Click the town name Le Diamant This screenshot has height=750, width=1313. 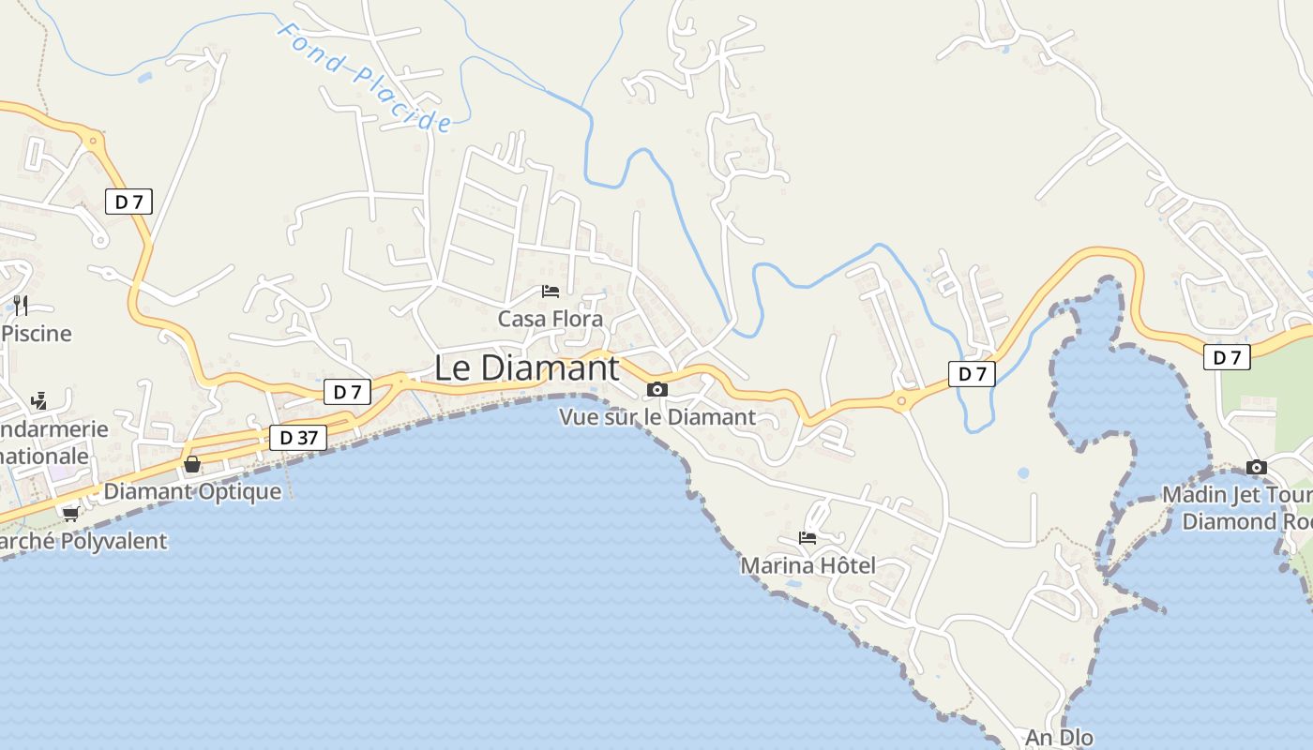coord(526,368)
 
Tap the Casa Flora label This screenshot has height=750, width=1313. coord(551,319)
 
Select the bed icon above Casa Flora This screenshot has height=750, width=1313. coord(551,292)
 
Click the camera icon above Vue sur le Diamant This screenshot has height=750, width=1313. coord(657,389)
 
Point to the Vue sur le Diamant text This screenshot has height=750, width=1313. coord(657,417)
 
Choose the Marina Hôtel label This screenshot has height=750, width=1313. coord(807,565)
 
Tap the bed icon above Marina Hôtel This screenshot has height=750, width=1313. coord(807,538)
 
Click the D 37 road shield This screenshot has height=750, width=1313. coord(298,438)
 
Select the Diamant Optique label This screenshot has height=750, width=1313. coord(192,491)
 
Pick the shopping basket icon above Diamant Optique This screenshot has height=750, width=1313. coord(192,464)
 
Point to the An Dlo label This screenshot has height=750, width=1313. coord(1060,738)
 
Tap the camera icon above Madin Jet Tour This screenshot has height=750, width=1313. coord(1257,467)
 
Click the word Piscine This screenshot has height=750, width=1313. coord(37,334)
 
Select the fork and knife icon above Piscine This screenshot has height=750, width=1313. coord(21,305)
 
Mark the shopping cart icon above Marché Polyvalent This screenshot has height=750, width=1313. coord(70,514)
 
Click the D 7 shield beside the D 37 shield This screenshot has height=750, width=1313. coord(347,392)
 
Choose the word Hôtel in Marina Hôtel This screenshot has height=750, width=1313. coord(845,565)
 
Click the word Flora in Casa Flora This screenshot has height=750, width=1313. coord(578,319)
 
